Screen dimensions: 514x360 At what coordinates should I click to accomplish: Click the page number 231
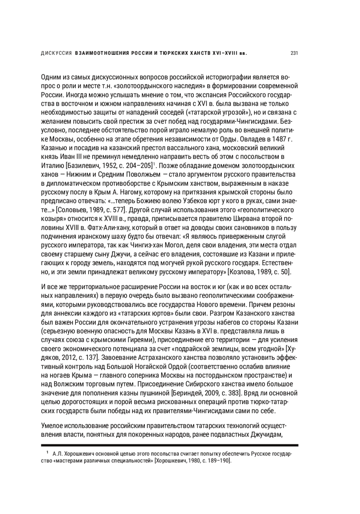(294, 53)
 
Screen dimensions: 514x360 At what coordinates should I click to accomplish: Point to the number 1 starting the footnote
(47, 452)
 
